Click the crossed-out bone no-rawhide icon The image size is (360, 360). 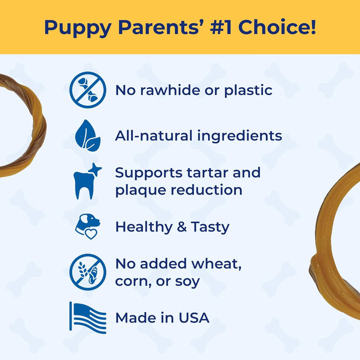(x=87, y=90)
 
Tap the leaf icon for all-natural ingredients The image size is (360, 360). (x=87, y=135)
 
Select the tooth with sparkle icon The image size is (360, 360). (x=87, y=181)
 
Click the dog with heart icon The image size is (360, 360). (x=87, y=226)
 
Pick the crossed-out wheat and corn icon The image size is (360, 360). (x=87, y=272)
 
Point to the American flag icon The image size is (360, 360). (x=87, y=317)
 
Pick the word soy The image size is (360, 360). (x=185, y=281)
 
